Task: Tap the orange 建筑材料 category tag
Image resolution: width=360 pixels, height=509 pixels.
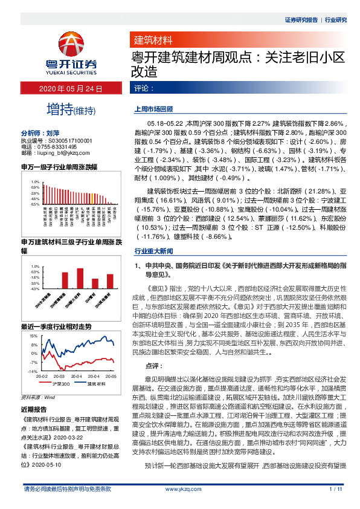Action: (153, 41)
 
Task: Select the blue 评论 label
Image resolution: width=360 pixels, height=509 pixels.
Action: (143, 88)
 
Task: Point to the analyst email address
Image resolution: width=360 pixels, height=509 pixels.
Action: (60, 153)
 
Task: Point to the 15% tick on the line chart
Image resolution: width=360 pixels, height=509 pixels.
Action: (34, 336)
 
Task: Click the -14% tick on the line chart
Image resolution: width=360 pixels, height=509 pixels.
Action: (33, 371)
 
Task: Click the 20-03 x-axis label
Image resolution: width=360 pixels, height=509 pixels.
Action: (59, 376)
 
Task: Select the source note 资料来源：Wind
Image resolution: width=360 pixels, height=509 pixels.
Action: (38, 397)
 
